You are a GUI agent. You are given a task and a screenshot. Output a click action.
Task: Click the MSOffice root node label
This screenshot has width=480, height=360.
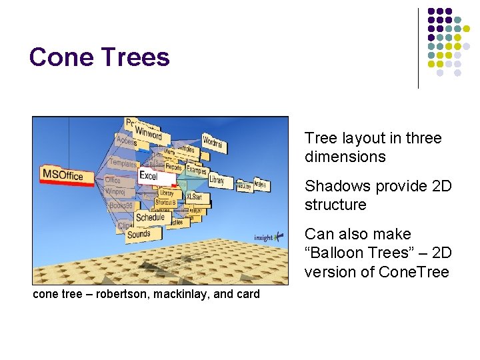pyautogui.click(x=62, y=175)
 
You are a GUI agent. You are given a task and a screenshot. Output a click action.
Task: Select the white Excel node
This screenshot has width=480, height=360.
pyautogui.click(x=148, y=175)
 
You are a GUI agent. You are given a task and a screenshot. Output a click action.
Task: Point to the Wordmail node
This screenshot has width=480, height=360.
pyautogui.click(x=213, y=142)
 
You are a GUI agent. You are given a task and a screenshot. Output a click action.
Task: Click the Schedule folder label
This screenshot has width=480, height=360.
pyautogui.click(x=150, y=217)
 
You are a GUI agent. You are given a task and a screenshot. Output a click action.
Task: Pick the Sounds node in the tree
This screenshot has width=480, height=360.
pyautogui.click(x=139, y=234)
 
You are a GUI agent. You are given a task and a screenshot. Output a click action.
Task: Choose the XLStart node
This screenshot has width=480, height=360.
pyautogui.click(x=194, y=197)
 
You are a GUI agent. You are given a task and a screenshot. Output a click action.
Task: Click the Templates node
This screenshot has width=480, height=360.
pyautogui.click(x=122, y=163)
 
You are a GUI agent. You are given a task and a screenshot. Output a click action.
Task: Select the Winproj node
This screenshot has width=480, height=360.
pyautogui.click(x=115, y=191)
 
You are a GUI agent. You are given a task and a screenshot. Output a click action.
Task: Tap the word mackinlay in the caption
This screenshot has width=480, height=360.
pyautogui.click(x=179, y=294)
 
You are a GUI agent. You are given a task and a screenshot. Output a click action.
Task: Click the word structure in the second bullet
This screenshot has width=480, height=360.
pyautogui.click(x=335, y=205)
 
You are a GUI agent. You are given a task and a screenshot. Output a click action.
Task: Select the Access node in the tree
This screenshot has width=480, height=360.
pyautogui.click(x=125, y=141)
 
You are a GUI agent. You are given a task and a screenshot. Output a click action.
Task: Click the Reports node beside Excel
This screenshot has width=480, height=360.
pyautogui.click(x=174, y=168)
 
